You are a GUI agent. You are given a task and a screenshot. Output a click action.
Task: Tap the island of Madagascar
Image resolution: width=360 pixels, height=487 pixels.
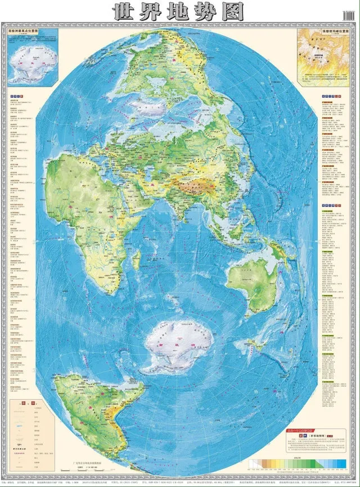click(x=137, y=260)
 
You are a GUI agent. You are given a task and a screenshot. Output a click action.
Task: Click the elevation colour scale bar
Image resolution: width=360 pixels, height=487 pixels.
click(x=299, y=463)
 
